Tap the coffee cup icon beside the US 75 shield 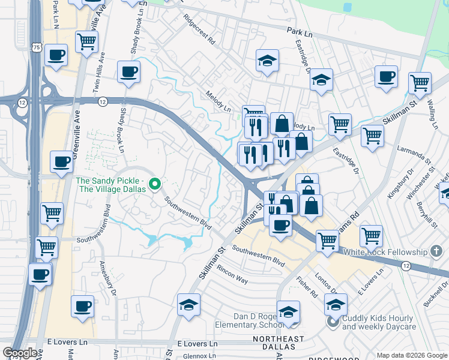coord(56,56)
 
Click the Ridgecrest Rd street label coord(199,29)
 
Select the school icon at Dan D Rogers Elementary coord(288,312)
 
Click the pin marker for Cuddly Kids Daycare coord(333,323)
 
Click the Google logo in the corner coord(19,353)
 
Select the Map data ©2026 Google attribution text coord(411,355)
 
